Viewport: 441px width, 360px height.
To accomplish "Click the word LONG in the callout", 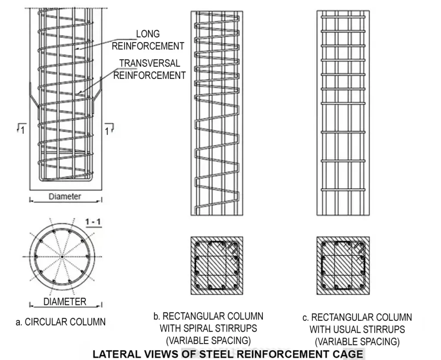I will click(148, 34).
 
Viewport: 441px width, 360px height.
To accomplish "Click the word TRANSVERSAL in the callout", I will click(149, 63).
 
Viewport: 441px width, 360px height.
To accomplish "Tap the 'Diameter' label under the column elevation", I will click(65, 196).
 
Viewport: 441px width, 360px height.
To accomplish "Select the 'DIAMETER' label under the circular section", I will click(65, 301).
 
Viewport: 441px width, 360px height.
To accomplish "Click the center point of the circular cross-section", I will click(62, 257).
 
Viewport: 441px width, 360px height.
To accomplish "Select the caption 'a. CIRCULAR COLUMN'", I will click(61, 322).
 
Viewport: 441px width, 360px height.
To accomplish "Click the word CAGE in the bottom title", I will click(349, 354).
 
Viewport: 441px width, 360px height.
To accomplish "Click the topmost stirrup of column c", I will click(343, 17).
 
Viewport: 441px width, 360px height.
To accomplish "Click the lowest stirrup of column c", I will click(343, 189).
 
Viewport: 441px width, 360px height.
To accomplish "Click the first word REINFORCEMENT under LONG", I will click(148, 46).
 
